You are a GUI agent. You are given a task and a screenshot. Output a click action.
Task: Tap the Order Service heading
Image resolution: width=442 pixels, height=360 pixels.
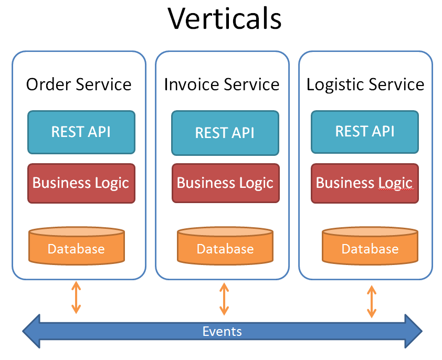tap(79, 84)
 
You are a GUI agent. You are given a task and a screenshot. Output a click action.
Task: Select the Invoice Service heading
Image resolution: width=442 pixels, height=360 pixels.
tap(222, 84)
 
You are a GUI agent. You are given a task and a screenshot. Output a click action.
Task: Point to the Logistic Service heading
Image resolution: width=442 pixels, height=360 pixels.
tap(365, 84)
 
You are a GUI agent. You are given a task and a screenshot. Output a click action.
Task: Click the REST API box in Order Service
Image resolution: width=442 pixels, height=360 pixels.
tap(81, 132)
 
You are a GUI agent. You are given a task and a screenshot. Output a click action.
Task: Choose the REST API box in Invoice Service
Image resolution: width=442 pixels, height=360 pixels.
tap(225, 133)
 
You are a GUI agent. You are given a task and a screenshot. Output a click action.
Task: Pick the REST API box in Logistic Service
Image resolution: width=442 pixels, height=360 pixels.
tap(365, 132)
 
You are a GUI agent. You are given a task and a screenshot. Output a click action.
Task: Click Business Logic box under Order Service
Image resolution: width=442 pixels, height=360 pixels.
tap(81, 183)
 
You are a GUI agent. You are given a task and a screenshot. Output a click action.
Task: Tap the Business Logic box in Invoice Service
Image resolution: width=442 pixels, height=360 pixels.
tap(226, 183)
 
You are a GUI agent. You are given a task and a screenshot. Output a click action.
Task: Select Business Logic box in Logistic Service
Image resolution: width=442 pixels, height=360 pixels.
tap(365, 183)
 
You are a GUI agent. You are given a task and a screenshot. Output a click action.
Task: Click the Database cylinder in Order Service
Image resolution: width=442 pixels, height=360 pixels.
tap(77, 246)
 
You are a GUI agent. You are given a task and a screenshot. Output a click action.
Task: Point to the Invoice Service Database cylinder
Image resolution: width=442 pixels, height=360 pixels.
tap(225, 246)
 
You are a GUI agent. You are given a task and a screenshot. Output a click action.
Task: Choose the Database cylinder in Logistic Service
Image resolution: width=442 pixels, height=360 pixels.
tap(370, 246)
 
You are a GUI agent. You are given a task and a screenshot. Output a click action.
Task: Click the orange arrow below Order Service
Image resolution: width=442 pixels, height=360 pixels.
tap(76, 298)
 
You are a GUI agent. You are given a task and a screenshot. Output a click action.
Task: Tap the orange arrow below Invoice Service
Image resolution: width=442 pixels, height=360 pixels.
tap(224, 299)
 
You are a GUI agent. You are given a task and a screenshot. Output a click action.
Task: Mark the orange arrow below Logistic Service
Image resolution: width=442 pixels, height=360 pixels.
tap(372, 301)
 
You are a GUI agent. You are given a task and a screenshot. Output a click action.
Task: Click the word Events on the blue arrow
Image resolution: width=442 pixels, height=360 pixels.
tap(222, 331)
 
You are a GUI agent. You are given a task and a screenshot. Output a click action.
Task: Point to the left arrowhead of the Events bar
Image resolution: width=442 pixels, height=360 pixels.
tap(31, 331)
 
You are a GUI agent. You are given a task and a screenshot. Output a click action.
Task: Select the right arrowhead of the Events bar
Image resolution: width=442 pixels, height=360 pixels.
tap(414, 331)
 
